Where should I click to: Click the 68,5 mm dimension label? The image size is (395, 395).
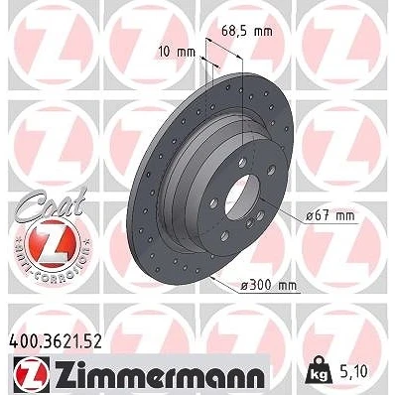(246, 32)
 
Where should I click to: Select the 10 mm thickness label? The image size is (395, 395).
(177, 52)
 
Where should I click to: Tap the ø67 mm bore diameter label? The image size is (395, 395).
(330, 216)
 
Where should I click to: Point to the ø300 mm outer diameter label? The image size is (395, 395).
(268, 285)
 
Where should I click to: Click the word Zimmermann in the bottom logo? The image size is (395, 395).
(160, 373)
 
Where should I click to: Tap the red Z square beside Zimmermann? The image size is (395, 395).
(32, 374)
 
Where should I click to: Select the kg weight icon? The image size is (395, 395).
(320, 371)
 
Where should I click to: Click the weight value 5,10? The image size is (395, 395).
(352, 372)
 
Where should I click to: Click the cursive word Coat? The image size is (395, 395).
(50, 204)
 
